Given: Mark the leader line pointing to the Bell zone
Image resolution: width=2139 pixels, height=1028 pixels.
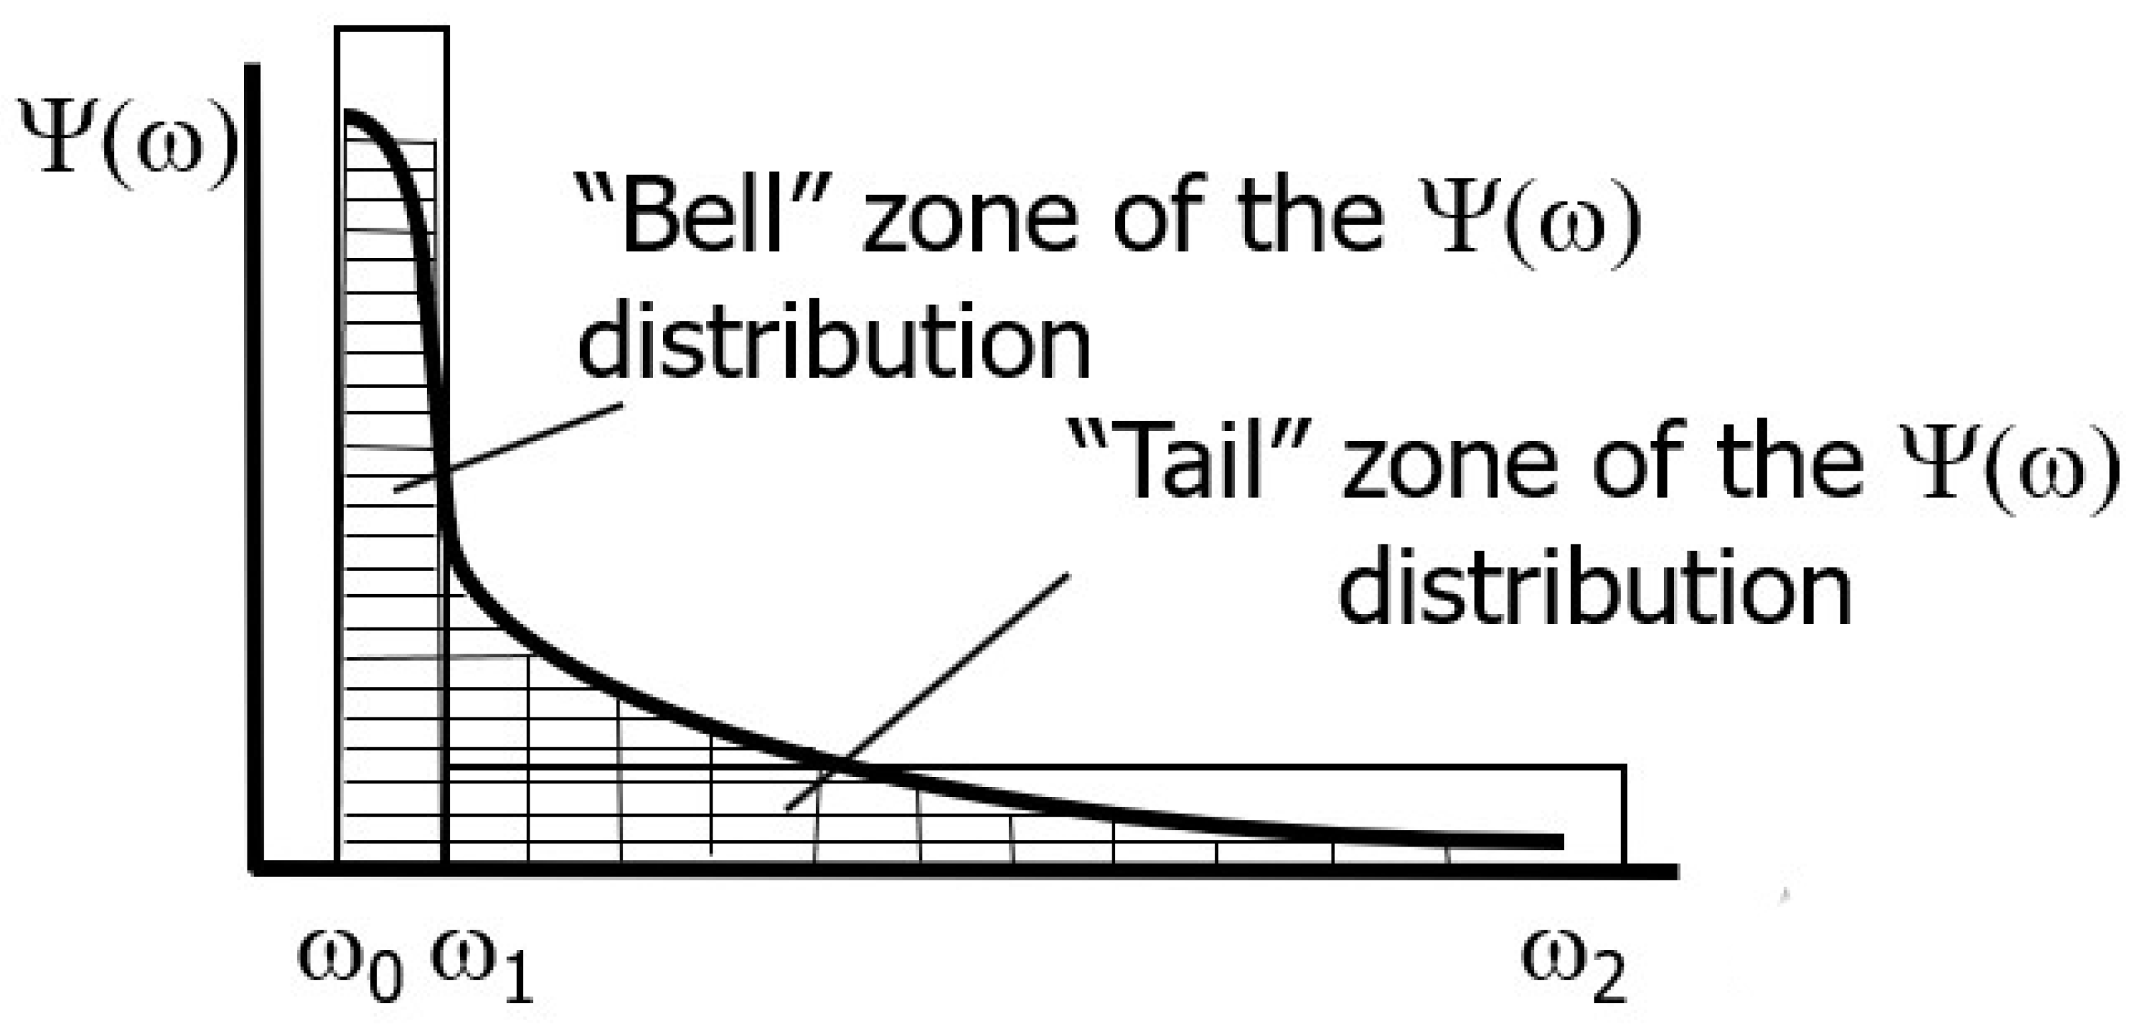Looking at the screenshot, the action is coord(508,447).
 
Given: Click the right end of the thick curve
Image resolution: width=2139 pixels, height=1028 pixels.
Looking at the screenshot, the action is coord(1560,842).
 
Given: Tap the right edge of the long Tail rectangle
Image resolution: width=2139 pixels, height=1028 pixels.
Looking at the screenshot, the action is coord(1624,814).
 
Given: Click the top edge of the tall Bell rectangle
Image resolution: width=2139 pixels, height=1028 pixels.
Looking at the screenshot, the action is coord(392,29).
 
